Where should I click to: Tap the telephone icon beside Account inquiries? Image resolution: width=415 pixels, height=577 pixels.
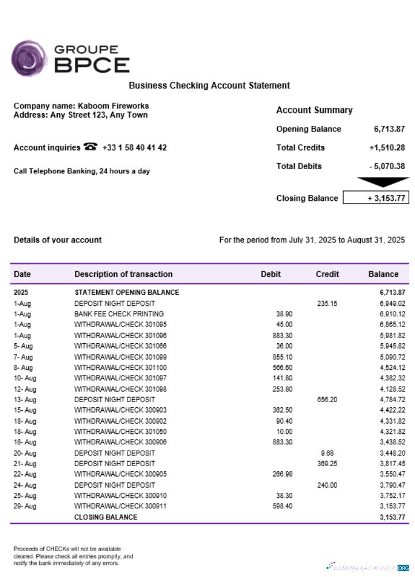pyautogui.click(x=90, y=147)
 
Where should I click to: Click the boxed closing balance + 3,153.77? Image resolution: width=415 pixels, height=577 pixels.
pyautogui.click(x=376, y=198)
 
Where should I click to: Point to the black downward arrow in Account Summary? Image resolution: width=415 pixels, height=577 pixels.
pyautogui.click(x=382, y=182)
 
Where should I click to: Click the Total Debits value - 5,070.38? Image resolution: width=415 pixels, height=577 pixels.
pyautogui.click(x=387, y=166)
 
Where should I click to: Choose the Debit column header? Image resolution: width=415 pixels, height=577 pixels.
pyautogui.click(x=270, y=274)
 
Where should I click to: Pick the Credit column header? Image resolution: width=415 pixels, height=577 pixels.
pyautogui.click(x=327, y=274)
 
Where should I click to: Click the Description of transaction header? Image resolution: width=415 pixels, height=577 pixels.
pyautogui.click(x=123, y=274)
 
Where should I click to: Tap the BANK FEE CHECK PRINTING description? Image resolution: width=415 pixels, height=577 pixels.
pyautogui.click(x=119, y=314)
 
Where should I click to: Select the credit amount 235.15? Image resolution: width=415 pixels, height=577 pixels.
pyautogui.click(x=327, y=303)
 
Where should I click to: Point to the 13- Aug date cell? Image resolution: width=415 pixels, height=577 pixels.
pyautogui.click(x=25, y=399)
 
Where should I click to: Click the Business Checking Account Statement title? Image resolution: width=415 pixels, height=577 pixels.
pyautogui.click(x=209, y=85)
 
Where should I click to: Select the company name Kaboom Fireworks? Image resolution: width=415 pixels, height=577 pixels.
pyautogui.click(x=113, y=106)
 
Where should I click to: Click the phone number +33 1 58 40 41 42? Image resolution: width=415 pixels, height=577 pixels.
pyautogui.click(x=134, y=148)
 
